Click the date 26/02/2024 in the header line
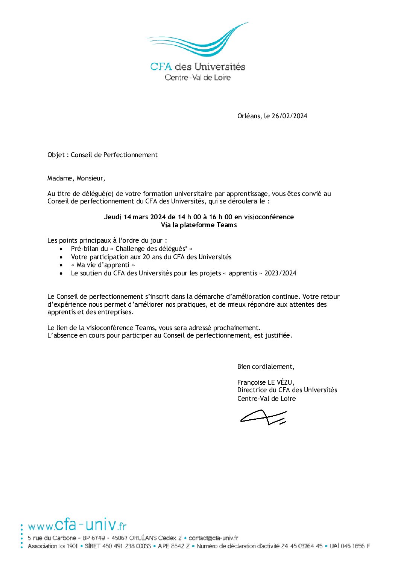click(x=289, y=116)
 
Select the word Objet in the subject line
click(x=56, y=155)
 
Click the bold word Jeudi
click(x=113, y=217)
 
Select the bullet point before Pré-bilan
click(x=62, y=249)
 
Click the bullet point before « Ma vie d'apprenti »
click(x=62, y=265)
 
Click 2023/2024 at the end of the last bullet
click(x=280, y=273)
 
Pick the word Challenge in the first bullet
click(x=132, y=249)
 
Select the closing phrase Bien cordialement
click(x=266, y=367)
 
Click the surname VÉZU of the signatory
click(x=286, y=382)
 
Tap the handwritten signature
click(x=264, y=417)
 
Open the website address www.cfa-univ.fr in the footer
click(x=77, y=525)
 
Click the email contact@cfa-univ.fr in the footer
click(x=213, y=538)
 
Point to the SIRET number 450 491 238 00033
click(x=126, y=546)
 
